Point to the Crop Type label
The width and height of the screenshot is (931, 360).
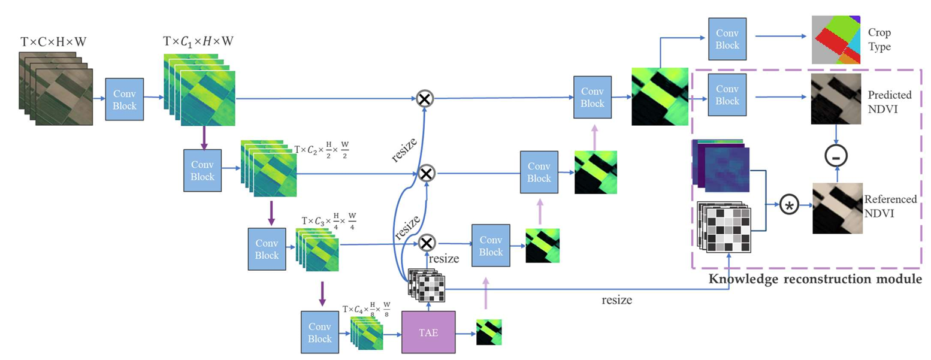point(878,35)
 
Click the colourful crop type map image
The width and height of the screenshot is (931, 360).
point(836,40)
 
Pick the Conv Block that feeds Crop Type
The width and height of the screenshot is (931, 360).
point(727,38)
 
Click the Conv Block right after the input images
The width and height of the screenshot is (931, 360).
point(124,98)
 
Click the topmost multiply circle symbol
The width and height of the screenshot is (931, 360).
point(425,99)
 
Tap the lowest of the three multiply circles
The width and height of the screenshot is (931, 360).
point(426,243)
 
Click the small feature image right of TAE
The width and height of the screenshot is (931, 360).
point(488,331)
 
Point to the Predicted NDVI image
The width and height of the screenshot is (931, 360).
point(835,99)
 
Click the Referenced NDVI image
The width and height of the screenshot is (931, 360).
point(836,208)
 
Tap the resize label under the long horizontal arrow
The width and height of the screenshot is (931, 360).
point(618,300)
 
